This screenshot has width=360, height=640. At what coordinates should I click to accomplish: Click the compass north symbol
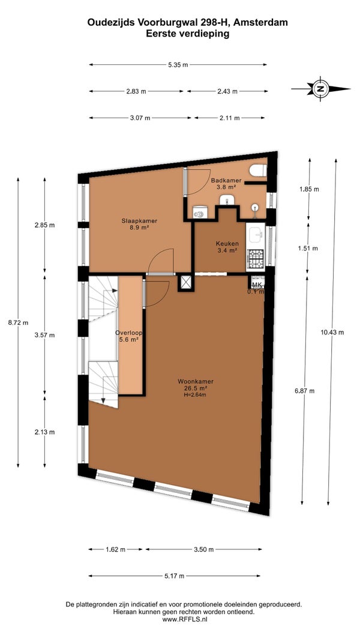pyautogui.click(x=321, y=89)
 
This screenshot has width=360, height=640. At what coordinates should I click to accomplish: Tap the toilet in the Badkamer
pyautogui.click(x=259, y=171)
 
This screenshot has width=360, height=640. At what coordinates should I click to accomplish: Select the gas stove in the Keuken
pyautogui.click(x=256, y=258)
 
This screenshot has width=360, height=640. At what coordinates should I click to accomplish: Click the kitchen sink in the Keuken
pyautogui.click(x=256, y=235)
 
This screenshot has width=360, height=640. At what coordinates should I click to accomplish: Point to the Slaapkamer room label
pyautogui.click(x=139, y=224)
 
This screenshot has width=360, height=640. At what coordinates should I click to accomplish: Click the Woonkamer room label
pyautogui.click(x=195, y=385)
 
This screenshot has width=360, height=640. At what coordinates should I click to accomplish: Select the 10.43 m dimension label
pyautogui.click(x=332, y=332)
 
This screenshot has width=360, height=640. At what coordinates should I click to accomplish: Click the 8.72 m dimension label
pyautogui.click(x=19, y=322)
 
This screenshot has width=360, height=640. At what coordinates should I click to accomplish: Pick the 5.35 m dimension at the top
pyautogui.click(x=178, y=64)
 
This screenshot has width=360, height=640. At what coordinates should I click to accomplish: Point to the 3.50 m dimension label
pyautogui.click(x=203, y=549)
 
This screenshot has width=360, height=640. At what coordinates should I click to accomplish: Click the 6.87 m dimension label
pyautogui.click(x=305, y=391)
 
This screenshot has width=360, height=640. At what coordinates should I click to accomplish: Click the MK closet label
pyautogui.click(x=257, y=285)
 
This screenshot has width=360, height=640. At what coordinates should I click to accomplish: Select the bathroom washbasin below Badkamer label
pyautogui.click(x=226, y=200)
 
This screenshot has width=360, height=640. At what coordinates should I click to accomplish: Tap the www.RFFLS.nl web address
pyautogui.click(x=185, y=619)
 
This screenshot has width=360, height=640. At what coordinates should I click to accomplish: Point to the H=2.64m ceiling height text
pyautogui.click(x=195, y=394)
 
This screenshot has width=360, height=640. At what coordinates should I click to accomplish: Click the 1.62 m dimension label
pyautogui.click(x=115, y=549)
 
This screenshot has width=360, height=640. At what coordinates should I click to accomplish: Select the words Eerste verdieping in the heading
pyautogui.click(x=188, y=34)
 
